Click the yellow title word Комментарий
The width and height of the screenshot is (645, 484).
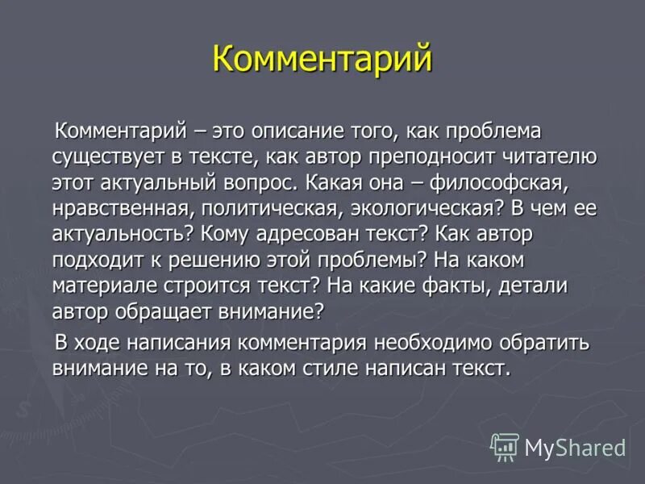point(322,60)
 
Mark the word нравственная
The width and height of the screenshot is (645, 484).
point(116,208)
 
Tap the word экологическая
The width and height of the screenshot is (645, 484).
point(418,208)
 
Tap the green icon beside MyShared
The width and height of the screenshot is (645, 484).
point(504,446)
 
